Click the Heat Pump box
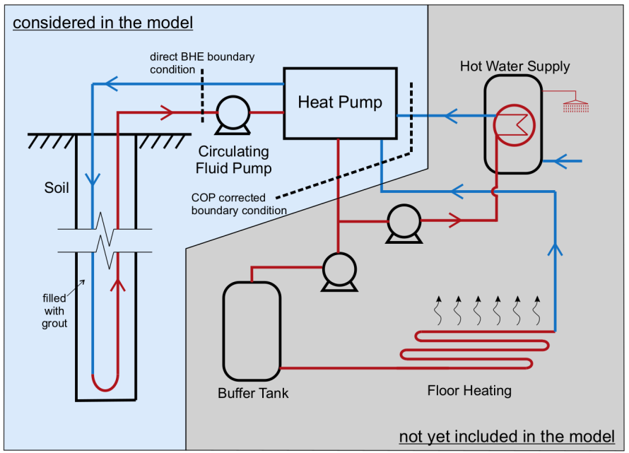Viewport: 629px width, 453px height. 340,103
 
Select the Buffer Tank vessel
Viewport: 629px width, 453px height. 252,332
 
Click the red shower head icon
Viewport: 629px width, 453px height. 576,107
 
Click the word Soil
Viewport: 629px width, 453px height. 57,189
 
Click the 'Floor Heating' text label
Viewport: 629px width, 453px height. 469,390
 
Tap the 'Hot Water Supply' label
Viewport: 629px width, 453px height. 515,66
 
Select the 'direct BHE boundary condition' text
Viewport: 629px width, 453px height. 201,62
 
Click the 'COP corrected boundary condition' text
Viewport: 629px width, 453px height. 239,204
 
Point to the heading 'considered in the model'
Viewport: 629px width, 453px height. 103,23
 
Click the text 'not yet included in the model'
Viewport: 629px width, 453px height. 512,436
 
